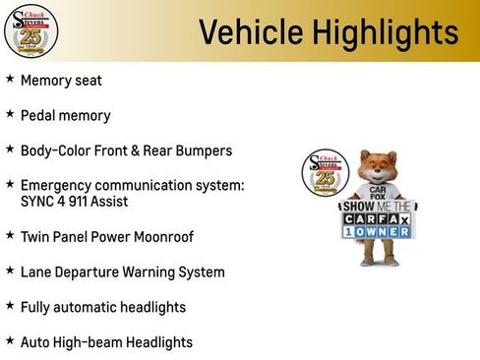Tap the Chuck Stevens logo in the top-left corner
click(30, 30)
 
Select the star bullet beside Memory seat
click(10, 80)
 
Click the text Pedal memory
click(65, 115)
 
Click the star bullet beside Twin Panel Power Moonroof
click(10, 236)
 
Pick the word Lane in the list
click(36, 271)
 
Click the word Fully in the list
click(37, 307)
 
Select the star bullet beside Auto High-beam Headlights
click(10, 341)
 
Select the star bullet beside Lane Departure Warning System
click(10, 270)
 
